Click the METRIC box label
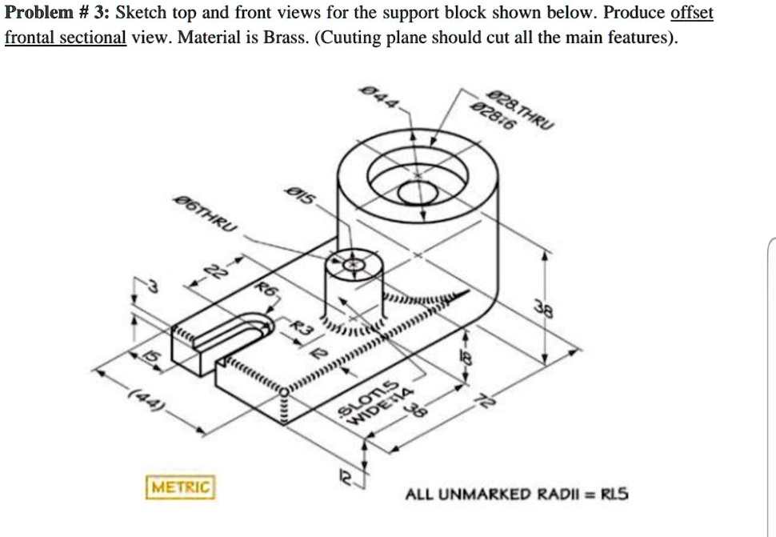[180, 486]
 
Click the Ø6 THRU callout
[204, 218]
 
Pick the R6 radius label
[265, 290]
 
